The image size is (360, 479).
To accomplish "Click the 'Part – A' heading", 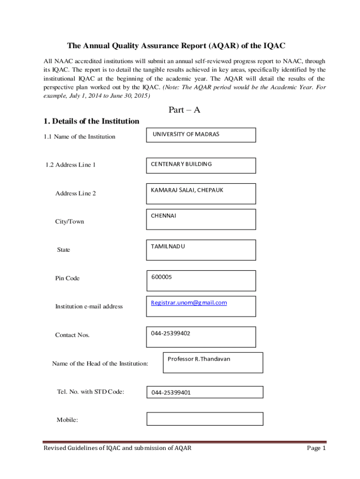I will tap(184, 110).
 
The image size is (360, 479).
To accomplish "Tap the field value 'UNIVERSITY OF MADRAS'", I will tap(186, 134).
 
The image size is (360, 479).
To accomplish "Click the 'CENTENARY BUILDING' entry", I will tap(181, 164).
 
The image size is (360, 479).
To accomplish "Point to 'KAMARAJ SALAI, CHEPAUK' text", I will tap(187, 190).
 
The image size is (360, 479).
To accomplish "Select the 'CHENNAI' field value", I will tap(163, 216).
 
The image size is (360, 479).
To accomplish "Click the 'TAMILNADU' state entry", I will tap(168, 246).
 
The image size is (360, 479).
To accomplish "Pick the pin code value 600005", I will tap(161, 277).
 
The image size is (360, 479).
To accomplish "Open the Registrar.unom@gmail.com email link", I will tap(189, 303).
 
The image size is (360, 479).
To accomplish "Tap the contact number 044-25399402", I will tap(170, 333).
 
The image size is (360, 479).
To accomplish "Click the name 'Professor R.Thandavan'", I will tap(199, 359).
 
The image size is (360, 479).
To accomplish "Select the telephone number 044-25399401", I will tap(171, 393).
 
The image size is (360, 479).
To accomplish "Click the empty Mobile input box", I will tap(205, 419).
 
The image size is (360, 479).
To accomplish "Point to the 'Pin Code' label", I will tap(67, 278).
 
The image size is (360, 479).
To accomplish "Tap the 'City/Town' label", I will tap(70, 221).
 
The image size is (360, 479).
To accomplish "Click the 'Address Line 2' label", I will tap(75, 193).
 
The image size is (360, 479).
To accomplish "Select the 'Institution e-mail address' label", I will tap(89, 306).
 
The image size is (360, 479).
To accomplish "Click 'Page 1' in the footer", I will tap(316, 448).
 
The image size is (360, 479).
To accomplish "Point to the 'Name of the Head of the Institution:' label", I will tap(100, 363).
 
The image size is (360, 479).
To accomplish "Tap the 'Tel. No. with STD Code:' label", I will tap(90, 392).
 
